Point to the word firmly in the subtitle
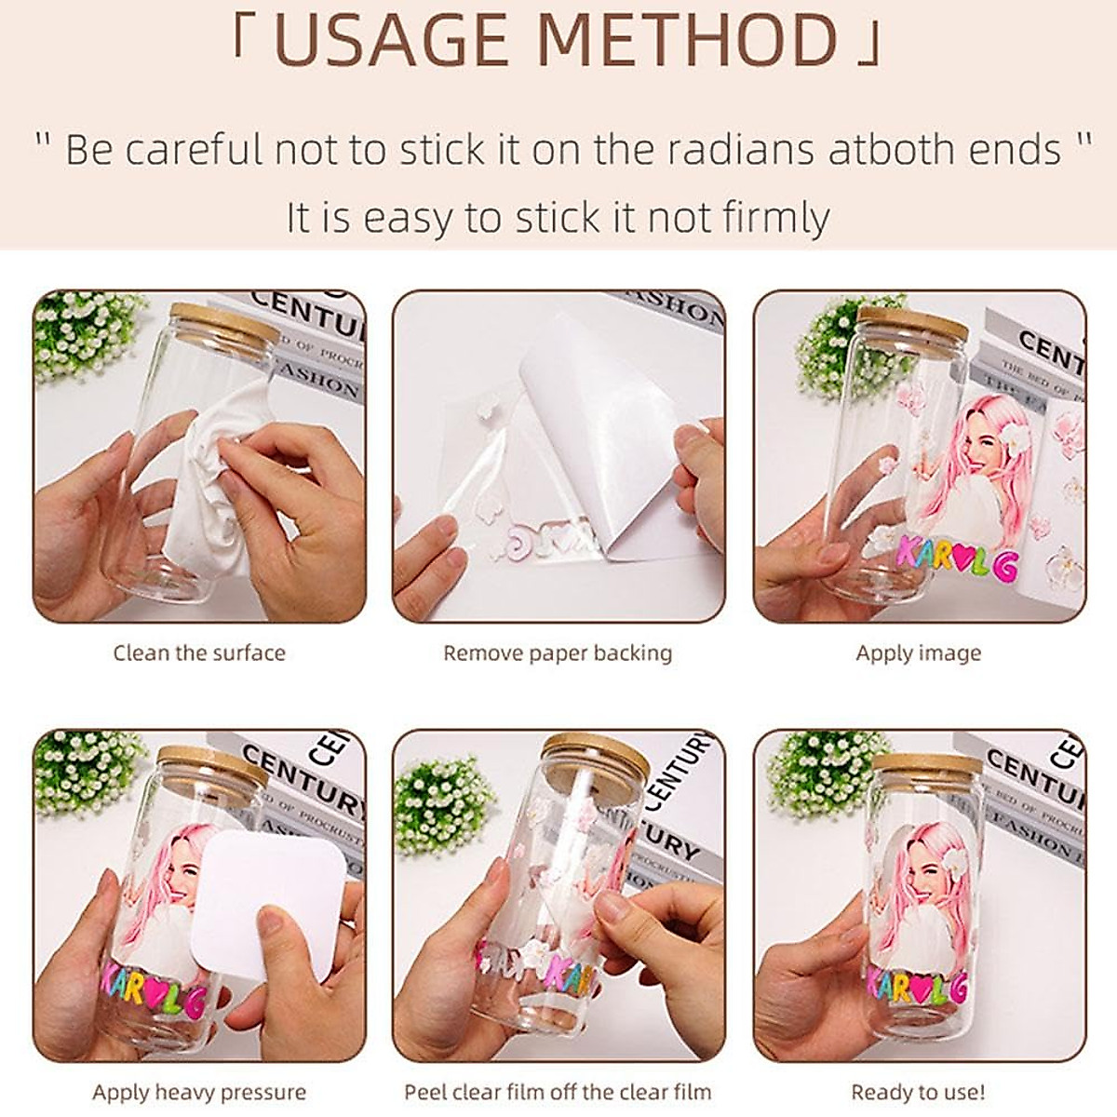(764, 218)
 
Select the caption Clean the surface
(199, 653)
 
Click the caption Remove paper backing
(558, 653)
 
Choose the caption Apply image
(919, 653)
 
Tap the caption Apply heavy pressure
(199, 1092)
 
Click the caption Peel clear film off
(558, 1092)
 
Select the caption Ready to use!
(919, 1092)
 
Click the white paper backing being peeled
(596, 400)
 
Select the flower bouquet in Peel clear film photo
(442, 801)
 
